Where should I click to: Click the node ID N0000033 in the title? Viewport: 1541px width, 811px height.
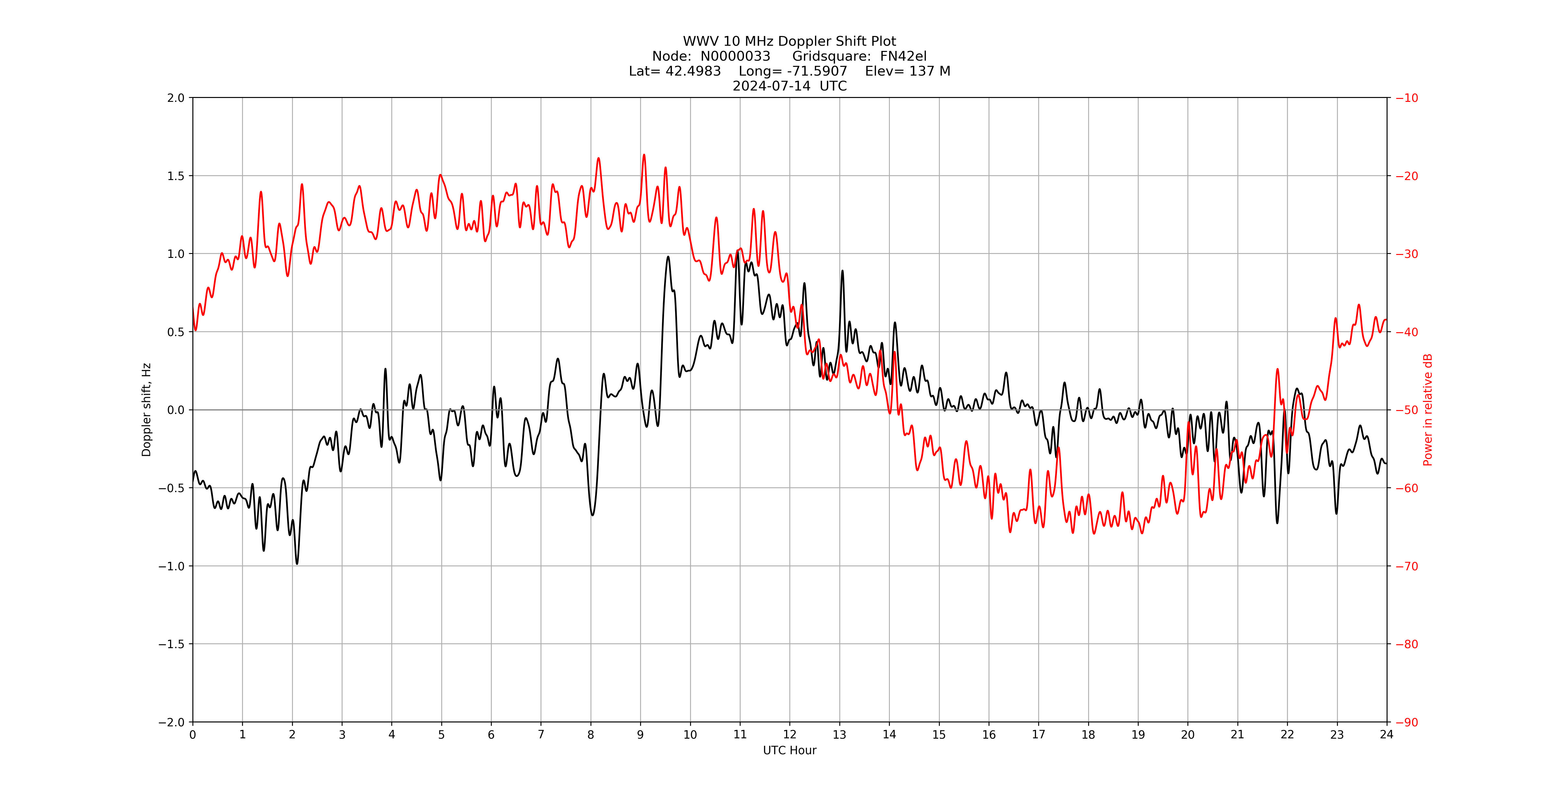735,56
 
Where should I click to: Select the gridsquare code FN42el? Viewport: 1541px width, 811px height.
903,56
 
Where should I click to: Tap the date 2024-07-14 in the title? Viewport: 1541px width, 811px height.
772,86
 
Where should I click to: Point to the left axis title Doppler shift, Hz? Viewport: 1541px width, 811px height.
147,410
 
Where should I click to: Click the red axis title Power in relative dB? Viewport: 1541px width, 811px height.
1428,410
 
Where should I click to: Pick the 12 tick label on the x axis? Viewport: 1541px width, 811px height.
790,734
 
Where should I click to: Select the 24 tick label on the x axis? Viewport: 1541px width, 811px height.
1387,734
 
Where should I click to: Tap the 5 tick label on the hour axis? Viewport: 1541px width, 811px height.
442,734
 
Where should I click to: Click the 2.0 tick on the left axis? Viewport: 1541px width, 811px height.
176,98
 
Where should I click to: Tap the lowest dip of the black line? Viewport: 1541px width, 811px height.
297,563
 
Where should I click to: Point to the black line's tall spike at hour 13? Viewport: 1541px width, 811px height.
842,271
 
